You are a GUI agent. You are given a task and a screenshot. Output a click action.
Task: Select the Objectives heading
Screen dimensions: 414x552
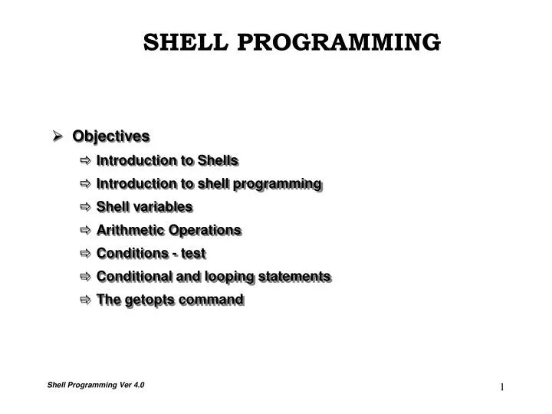pos(111,136)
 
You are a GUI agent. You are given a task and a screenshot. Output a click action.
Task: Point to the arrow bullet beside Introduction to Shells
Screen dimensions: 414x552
pos(84,160)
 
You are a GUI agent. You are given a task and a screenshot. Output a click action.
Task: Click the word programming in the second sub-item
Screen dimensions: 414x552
pos(283,183)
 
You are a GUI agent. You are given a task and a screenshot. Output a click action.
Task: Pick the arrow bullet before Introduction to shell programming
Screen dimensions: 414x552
pos(84,183)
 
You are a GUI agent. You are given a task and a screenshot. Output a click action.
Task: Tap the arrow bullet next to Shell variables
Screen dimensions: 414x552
pos(84,207)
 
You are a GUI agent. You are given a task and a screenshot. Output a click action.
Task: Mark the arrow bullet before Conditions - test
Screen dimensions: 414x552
pos(84,253)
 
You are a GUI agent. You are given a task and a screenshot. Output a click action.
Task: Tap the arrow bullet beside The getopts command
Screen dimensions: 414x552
pos(84,299)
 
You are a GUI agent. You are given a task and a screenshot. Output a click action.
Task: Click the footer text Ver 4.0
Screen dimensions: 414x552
pos(133,385)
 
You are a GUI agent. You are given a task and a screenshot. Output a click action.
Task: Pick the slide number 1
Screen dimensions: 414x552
pos(502,387)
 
